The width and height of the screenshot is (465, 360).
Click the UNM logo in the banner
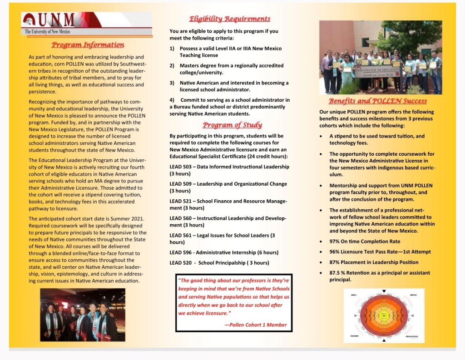tap(50, 20)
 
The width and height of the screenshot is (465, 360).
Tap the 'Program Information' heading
tap(88, 45)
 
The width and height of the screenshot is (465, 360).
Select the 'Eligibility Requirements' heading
tap(229, 19)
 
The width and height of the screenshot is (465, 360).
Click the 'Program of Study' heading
tap(232, 125)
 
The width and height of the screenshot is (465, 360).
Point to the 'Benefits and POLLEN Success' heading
tap(377, 101)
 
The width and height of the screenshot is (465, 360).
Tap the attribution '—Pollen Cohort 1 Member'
tap(256, 325)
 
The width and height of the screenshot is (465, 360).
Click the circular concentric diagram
tap(384, 316)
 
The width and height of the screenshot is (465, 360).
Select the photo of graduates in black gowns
tap(82, 315)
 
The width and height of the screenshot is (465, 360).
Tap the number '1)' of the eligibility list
tap(172, 49)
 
